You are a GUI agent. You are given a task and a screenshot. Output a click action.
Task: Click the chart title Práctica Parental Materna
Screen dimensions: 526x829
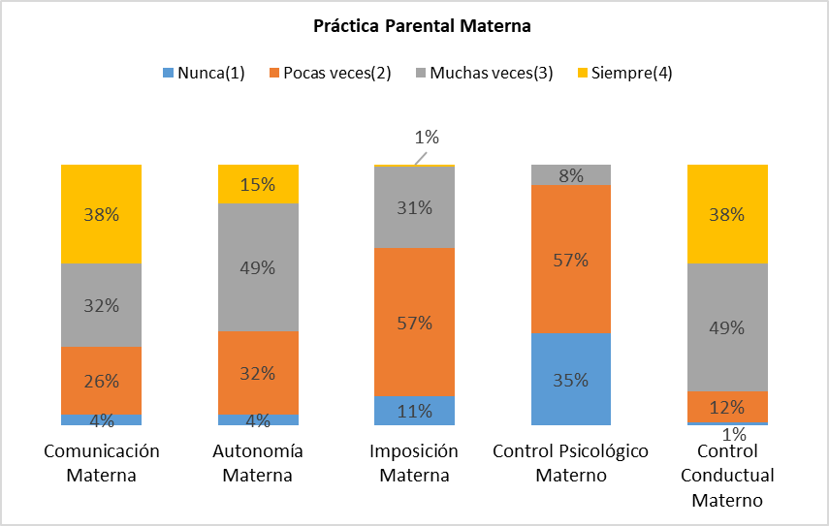click(422, 26)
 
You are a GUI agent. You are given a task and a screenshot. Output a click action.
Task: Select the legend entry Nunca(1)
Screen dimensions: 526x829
click(203, 74)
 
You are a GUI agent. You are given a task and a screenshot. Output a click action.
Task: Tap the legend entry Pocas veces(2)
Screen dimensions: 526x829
click(329, 74)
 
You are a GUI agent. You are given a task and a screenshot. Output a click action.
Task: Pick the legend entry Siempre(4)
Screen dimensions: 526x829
click(626, 74)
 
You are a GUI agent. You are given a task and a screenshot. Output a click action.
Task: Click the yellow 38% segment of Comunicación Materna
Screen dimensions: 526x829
click(101, 214)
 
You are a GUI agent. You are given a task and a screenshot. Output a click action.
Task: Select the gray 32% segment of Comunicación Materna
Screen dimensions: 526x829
click(101, 305)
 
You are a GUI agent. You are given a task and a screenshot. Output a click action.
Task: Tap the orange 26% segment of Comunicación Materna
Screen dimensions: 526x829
click(101, 380)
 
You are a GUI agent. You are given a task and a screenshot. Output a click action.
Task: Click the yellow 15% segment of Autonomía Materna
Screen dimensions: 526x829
click(258, 184)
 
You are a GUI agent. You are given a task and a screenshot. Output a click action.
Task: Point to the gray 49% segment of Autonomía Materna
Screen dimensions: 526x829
click(258, 267)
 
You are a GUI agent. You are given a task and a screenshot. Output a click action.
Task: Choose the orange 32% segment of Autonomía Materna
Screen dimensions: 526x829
click(258, 372)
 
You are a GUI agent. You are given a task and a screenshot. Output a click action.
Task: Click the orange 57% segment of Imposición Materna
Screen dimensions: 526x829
click(414, 323)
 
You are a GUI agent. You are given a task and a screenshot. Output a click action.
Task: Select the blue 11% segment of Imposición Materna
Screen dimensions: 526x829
click(414, 411)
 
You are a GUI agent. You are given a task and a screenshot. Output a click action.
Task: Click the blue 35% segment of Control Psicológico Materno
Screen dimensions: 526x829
click(570, 379)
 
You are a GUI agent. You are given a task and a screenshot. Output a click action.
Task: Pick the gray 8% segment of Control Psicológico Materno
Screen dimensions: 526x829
click(570, 175)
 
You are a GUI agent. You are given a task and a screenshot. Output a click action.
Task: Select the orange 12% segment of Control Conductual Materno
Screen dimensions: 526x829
click(727, 406)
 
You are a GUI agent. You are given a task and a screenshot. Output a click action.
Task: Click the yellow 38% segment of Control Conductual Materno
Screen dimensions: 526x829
click(727, 214)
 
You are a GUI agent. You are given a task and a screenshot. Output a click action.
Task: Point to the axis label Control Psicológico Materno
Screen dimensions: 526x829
click(570, 463)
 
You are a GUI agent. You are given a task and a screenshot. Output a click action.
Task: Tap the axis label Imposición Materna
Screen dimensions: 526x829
click(414, 463)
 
